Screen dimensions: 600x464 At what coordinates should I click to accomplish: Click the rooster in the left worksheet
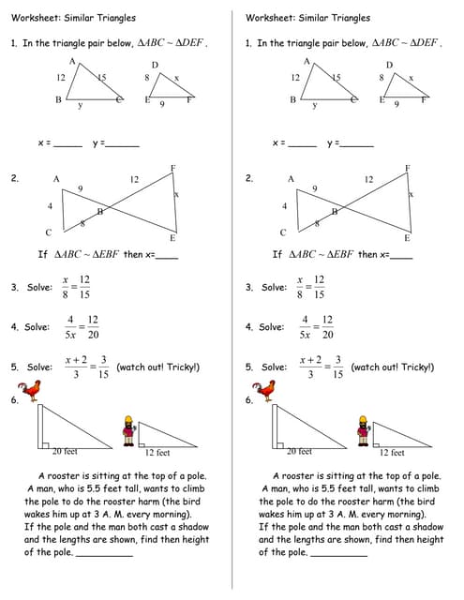tap(31, 389)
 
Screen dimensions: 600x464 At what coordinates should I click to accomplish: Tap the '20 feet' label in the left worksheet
tap(64, 452)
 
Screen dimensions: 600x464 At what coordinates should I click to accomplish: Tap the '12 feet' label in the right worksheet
tap(392, 453)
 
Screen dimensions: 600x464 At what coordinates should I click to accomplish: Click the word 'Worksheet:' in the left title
tap(33, 18)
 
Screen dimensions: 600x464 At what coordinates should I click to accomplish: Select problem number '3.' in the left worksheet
tap(15, 288)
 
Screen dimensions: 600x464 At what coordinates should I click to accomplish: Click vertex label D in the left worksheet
tap(155, 65)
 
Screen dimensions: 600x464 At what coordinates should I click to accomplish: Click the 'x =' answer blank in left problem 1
tap(67, 144)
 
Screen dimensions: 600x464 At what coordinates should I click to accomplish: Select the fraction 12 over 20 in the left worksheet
tap(93, 327)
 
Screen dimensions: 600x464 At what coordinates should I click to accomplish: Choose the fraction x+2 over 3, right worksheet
tap(311, 367)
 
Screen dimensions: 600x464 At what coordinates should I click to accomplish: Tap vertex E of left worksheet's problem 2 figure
tap(172, 238)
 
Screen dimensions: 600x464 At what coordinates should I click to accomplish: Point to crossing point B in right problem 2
tap(334, 211)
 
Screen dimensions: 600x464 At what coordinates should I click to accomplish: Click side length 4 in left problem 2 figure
tap(50, 205)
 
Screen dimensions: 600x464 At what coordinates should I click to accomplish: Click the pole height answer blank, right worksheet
tap(337, 554)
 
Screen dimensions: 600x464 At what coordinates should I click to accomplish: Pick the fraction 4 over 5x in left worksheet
tap(69, 327)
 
